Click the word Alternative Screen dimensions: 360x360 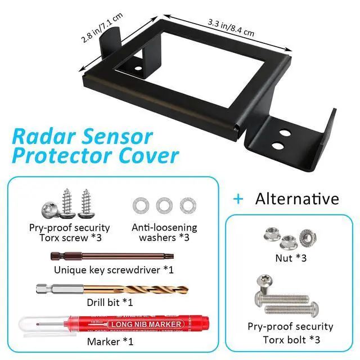coord(297,199)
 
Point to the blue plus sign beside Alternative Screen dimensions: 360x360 coord(239,199)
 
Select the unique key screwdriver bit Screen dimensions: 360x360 coord(112,256)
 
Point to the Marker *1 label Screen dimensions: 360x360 coord(107,341)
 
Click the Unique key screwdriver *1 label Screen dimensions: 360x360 coord(114,270)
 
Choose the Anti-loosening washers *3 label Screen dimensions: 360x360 coord(164,232)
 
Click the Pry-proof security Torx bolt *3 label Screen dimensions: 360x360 coord(290,333)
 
